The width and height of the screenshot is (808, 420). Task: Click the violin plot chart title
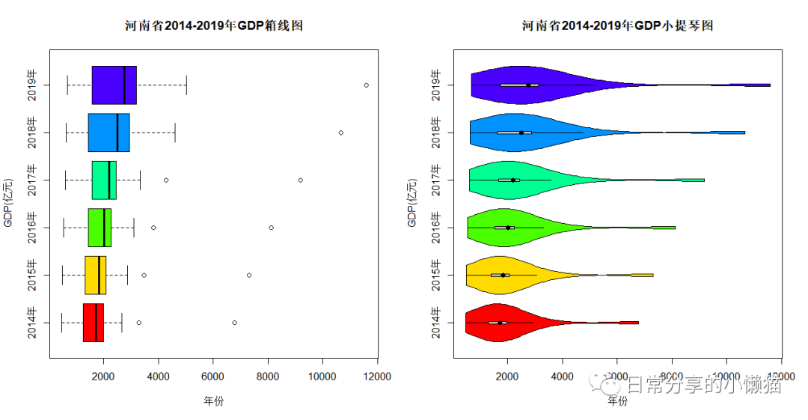(617, 25)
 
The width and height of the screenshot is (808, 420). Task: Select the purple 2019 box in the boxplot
(114, 85)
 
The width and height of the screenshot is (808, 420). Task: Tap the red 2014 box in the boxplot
(93, 323)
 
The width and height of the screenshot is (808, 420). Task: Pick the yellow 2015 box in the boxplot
(95, 276)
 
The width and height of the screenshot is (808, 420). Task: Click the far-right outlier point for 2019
(366, 85)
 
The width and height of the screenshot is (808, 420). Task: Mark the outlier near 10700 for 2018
(340, 133)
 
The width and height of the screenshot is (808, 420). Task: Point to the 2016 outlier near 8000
(271, 228)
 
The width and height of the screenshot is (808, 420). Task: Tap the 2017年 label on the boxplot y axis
(31, 180)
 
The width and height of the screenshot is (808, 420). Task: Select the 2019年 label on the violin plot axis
(437, 85)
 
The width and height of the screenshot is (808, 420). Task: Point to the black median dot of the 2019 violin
(528, 85)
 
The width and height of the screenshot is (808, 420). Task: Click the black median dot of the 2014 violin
(500, 323)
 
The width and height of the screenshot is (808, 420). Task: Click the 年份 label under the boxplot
(213, 401)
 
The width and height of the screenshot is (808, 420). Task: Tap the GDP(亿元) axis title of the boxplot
(8, 203)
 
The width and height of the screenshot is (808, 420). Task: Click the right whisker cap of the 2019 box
(186, 85)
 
